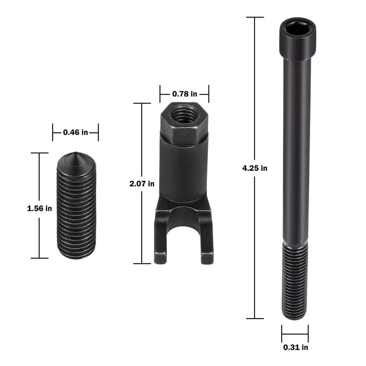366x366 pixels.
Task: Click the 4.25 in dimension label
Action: pos(254,168)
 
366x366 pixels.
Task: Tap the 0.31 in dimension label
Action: pos(296,347)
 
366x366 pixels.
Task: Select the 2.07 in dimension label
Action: pos(142,184)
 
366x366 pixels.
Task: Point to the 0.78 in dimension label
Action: pos(184,94)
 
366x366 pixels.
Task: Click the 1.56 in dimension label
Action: pos(39,208)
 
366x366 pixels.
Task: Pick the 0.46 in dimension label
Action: pos(75,132)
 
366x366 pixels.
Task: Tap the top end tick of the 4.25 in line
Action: pos(254,17)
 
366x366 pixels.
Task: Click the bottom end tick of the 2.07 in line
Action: pos(142,264)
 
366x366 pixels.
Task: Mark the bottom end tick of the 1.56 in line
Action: pos(39,258)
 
